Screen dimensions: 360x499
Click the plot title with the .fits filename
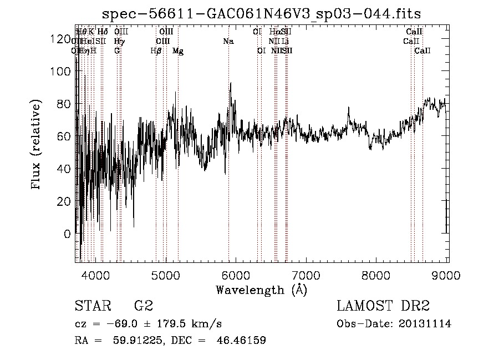point(262,13)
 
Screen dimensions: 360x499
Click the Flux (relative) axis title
point(37,145)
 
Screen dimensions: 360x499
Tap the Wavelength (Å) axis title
point(261,290)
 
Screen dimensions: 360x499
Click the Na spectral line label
point(228,41)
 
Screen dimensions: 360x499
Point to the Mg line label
point(178,50)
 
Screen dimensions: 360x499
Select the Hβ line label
point(156,50)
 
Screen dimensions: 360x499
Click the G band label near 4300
point(117,50)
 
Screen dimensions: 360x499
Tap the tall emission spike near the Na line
point(230,84)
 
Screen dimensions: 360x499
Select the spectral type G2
point(143,306)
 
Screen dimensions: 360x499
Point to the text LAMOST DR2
point(383,306)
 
